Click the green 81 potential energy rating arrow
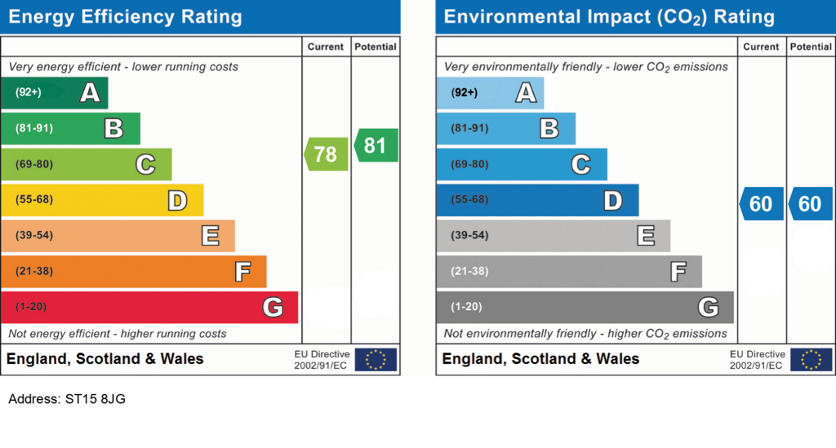point(376,145)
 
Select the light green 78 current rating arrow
point(326,154)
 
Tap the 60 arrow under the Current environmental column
point(762,203)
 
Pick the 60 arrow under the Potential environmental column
point(811,203)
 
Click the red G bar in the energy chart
point(149,308)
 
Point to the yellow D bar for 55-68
point(102,200)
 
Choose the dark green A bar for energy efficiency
point(55,93)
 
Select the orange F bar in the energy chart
point(134,272)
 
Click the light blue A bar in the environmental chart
point(490,93)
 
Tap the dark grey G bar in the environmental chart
point(585,308)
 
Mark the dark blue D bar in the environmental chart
point(537,200)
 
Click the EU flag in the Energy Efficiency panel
point(376,360)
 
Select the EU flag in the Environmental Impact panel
point(811,360)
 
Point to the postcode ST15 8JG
point(96,399)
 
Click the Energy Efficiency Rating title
point(125,17)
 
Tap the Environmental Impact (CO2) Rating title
point(609,17)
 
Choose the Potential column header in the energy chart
point(376,47)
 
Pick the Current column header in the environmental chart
point(761,47)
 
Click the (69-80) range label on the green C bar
point(34,164)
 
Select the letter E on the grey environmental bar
point(646,236)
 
